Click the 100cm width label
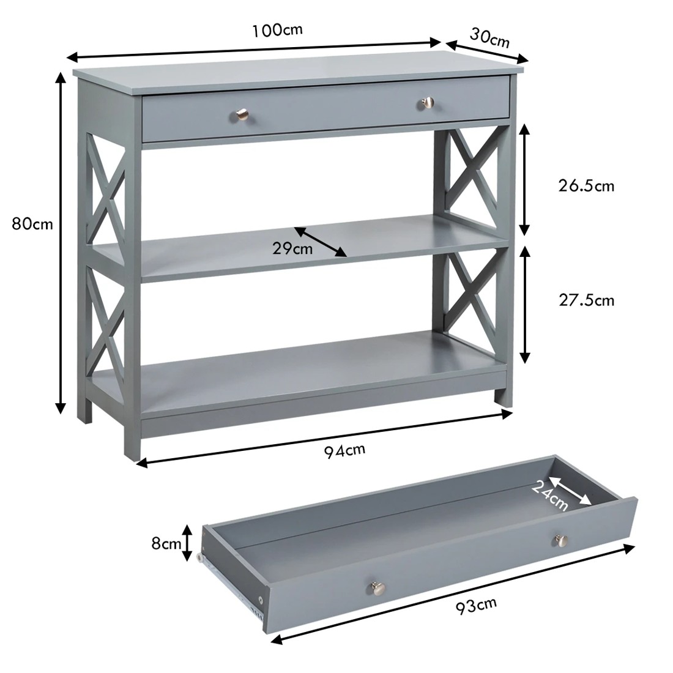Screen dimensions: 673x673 277,29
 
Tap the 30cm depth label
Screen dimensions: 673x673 489,38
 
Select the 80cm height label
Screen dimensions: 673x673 32,224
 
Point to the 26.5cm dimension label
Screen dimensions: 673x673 586,185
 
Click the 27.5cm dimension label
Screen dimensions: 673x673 586,300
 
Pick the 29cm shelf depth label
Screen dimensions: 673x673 292,248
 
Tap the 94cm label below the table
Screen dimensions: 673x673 344,450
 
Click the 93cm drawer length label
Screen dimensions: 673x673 476,606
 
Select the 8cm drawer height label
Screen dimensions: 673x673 166,543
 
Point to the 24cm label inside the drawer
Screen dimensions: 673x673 549,495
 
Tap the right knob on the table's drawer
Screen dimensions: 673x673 427,102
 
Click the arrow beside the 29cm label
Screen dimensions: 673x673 321,242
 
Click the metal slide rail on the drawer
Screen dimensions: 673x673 232,584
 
